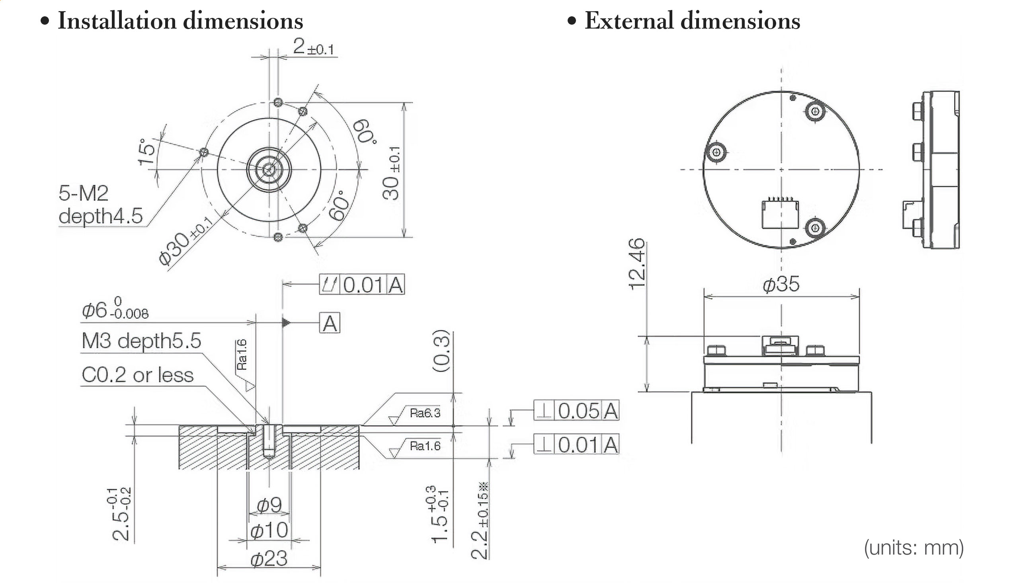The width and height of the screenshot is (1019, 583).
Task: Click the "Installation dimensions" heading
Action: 180,21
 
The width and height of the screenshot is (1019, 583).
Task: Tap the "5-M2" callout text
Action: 83,193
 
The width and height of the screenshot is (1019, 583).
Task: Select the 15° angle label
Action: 146,152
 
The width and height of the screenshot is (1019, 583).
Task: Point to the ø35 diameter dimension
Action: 781,284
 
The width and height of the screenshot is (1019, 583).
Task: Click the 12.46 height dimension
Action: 636,264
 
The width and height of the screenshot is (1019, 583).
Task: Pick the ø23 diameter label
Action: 269,558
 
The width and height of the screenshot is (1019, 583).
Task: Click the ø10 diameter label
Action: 269,530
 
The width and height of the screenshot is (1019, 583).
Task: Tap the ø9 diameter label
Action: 269,505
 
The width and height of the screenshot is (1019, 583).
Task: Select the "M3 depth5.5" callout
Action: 141,341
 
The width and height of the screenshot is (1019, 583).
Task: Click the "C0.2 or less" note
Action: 137,375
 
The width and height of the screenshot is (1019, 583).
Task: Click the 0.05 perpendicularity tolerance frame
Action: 576,411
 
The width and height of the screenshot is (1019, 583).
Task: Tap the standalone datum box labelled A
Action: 330,323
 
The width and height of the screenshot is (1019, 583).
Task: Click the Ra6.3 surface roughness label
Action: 425,413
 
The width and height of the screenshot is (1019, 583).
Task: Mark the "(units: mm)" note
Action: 914,548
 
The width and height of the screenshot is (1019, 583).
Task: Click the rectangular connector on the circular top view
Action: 779,214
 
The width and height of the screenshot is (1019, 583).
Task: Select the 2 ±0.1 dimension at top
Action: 314,47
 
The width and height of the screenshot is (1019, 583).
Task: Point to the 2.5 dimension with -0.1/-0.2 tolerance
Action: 121,514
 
